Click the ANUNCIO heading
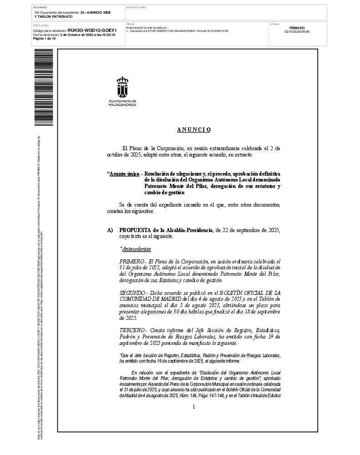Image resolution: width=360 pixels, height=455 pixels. click(194, 130)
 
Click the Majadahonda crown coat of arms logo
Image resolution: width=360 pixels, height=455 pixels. click(122, 86)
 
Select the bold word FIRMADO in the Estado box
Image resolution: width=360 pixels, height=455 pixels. click(297, 28)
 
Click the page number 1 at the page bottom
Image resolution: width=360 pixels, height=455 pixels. click(194, 407)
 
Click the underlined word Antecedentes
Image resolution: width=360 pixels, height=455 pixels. click(137, 249)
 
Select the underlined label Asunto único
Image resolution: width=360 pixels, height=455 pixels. click(124, 174)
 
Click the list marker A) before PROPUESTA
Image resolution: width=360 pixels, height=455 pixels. click(110, 231)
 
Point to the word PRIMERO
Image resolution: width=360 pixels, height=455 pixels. click(131, 262)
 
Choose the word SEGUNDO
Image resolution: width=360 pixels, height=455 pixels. click(132, 292)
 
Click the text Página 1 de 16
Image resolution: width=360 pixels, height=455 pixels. click(44, 39)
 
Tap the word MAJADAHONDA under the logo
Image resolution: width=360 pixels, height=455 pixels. click(122, 104)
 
